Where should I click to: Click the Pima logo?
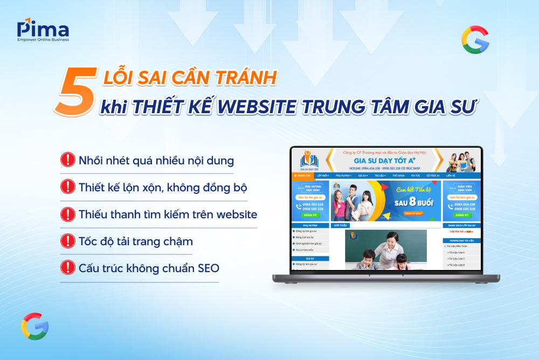pyautogui.click(x=43, y=30)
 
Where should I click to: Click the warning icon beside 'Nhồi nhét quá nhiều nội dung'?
pyautogui.click(x=67, y=160)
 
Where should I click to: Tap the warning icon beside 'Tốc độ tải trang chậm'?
pyautogui.click(x=67, y=241)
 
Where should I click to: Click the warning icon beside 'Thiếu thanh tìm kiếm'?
pyautogui.click(x=67, y=214)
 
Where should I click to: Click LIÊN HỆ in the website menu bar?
pyautogui.click(x=451, y=176)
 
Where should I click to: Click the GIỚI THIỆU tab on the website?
pyautogui.click(x=341, y=225)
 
